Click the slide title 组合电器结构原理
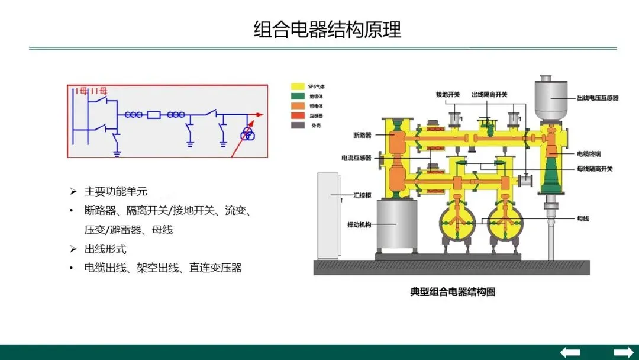327,29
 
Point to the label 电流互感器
356,158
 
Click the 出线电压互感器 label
598,98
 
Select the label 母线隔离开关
595,169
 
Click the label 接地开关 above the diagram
448,94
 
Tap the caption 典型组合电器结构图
453,292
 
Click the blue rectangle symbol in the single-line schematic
154,115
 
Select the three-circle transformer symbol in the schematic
246,135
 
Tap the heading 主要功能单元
115,191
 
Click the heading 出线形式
105,249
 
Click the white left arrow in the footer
570,352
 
